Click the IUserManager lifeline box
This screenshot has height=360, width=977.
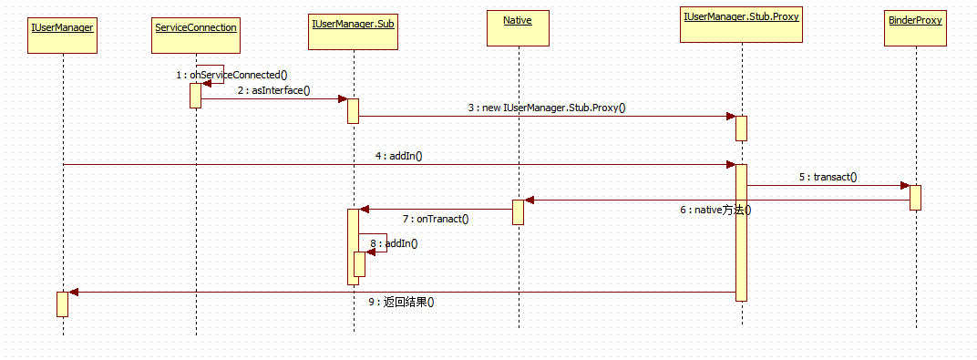click(63, 28)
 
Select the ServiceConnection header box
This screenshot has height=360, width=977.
click(196, 28)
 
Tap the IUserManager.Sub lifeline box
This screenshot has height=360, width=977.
click(352, 28)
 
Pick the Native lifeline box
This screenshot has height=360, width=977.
click(517, 28)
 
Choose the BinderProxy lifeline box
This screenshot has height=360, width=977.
click(914, 28)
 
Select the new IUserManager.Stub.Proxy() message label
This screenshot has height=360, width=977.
click(547, 108)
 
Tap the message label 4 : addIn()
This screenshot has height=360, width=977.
click(398, 156)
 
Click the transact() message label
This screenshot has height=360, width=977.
click(828, 177)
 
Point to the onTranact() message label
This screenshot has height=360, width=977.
click(435, 219)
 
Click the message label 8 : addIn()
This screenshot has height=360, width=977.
click(394, 243)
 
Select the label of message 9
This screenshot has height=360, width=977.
click(400, 302)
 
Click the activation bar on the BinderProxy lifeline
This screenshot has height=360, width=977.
click(915, 198)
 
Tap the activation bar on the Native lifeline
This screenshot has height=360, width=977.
click(518, 211)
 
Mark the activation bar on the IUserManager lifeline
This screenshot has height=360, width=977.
click(62, 303)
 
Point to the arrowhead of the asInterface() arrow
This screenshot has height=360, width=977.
click(342, 98)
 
